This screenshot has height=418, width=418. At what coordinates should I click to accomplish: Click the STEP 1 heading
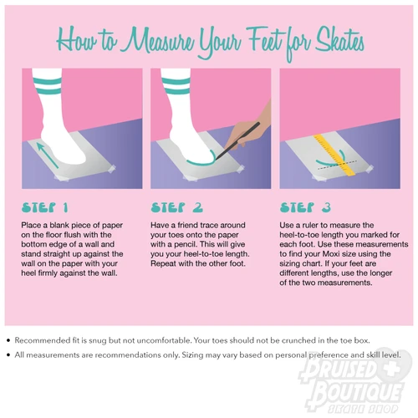[45, 207]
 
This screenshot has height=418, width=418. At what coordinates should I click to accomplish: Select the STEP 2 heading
[177, 207]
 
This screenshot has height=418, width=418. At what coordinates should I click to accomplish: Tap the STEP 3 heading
[305, 207]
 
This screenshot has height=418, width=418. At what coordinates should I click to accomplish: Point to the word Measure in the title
[159, 42]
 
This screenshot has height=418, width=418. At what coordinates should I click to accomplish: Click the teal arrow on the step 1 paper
[48, 155]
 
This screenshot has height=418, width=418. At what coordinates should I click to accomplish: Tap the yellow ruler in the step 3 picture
[334, 155]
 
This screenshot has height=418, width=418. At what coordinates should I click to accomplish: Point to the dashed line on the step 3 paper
[338, 165]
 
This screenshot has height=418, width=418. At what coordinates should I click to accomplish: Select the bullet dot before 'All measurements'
[8, 355]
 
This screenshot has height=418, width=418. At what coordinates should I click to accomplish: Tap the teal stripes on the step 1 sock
[47, 86]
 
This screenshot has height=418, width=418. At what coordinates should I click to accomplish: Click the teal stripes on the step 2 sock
[176, 86]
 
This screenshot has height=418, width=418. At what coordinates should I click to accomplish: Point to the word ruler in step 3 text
[311, 225]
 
